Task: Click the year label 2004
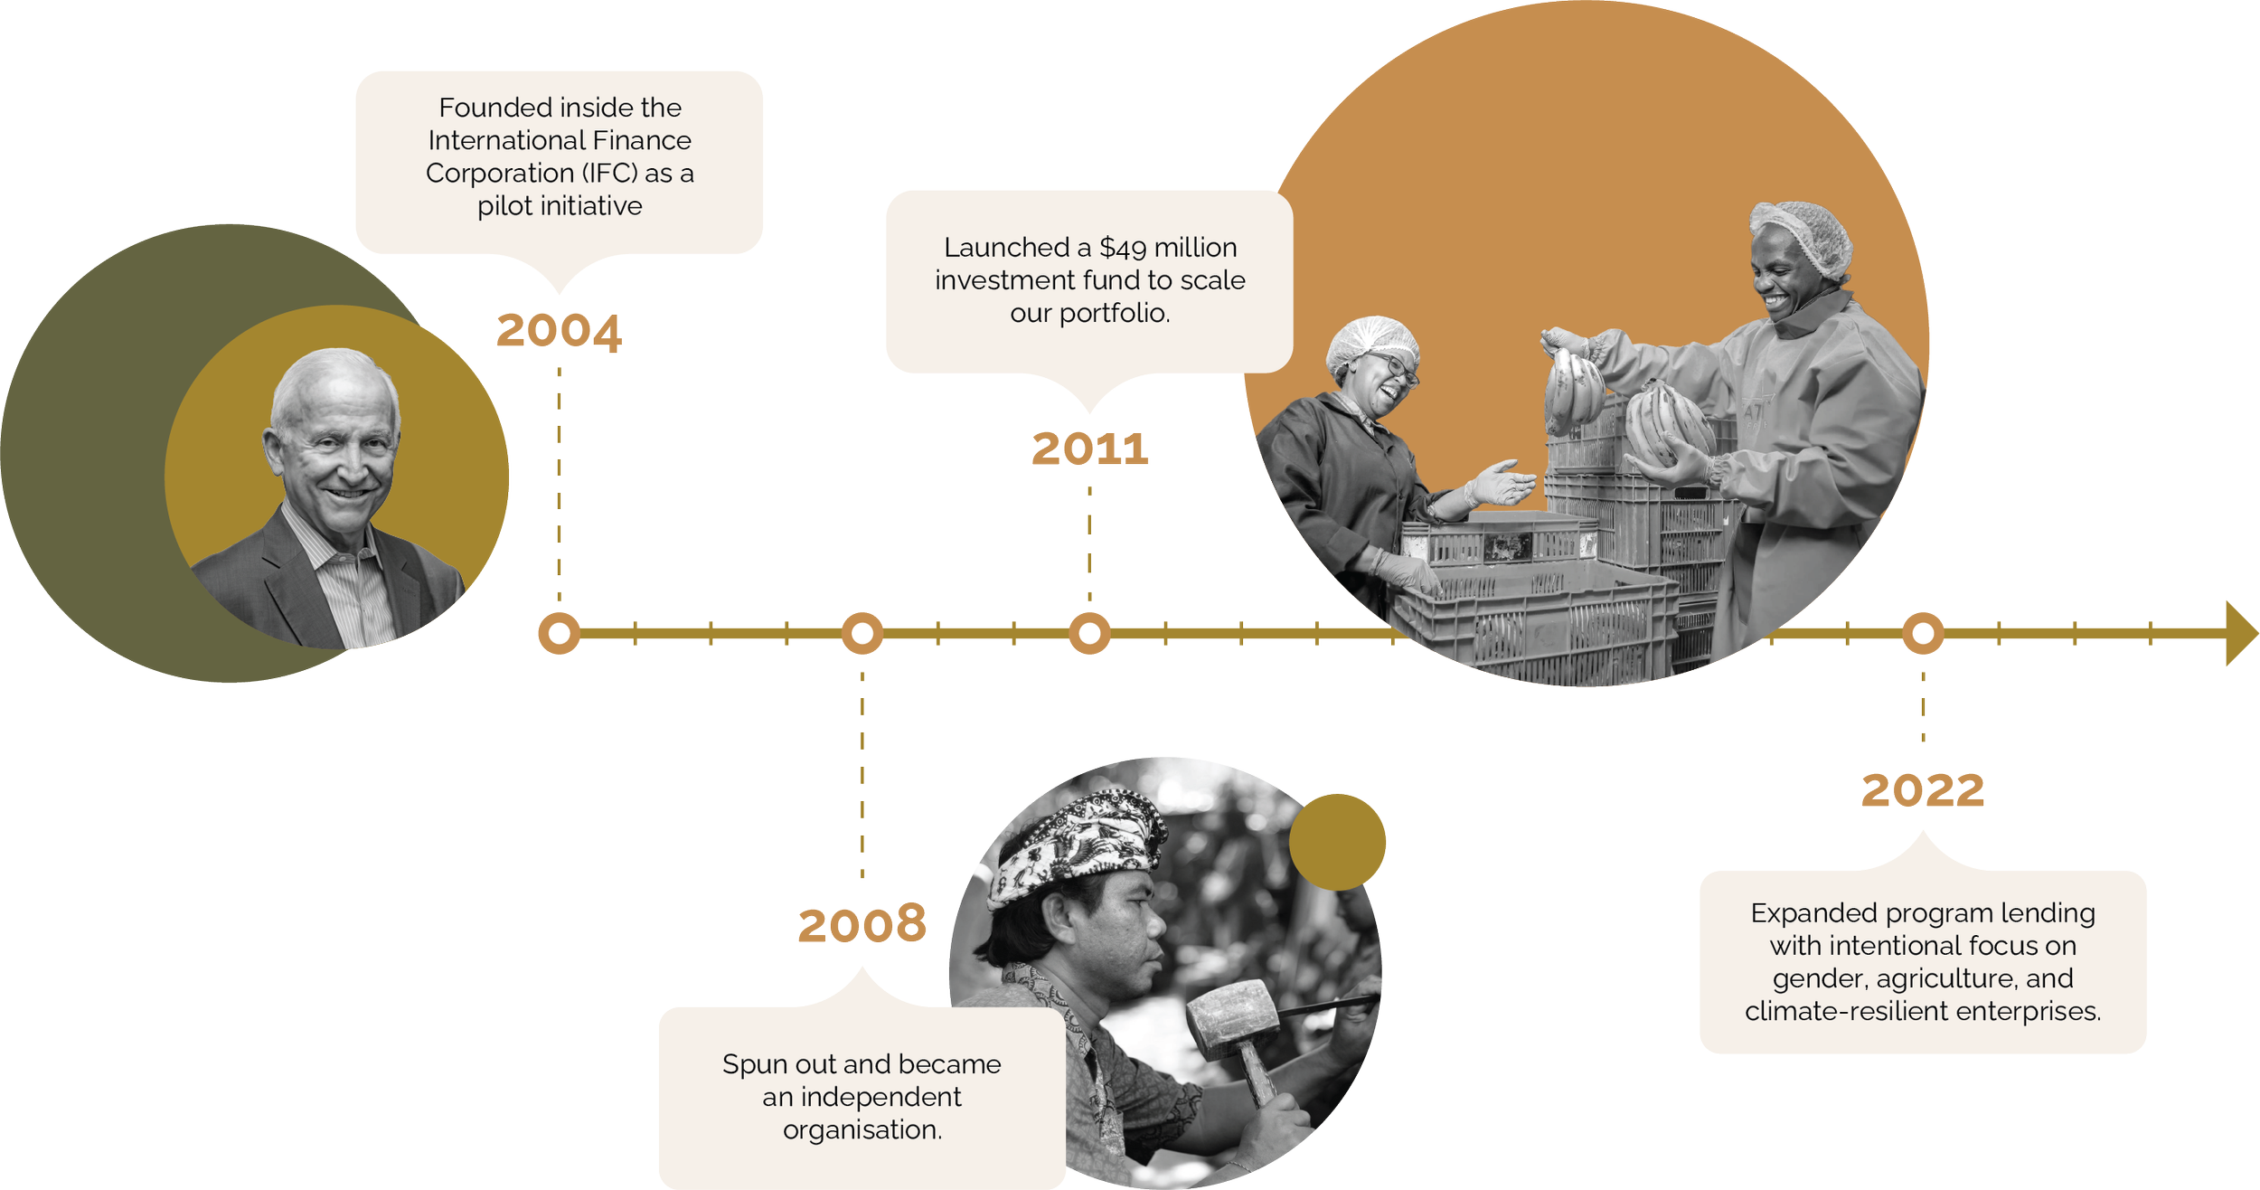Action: pos(559,331)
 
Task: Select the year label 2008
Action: pos(862,925)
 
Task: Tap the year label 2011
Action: pos(1090,449)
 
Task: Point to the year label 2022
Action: pos(1923,792)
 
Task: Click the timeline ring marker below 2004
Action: pos(559,633)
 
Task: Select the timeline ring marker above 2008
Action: pos(862,633)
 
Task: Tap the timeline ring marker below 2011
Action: pos(1089,633)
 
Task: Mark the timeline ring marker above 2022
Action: pos(1923,633)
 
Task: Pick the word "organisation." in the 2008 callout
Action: pos(862,1129)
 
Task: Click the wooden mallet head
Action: pos(1231,1018)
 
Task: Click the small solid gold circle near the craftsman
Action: pos(1337,842)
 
